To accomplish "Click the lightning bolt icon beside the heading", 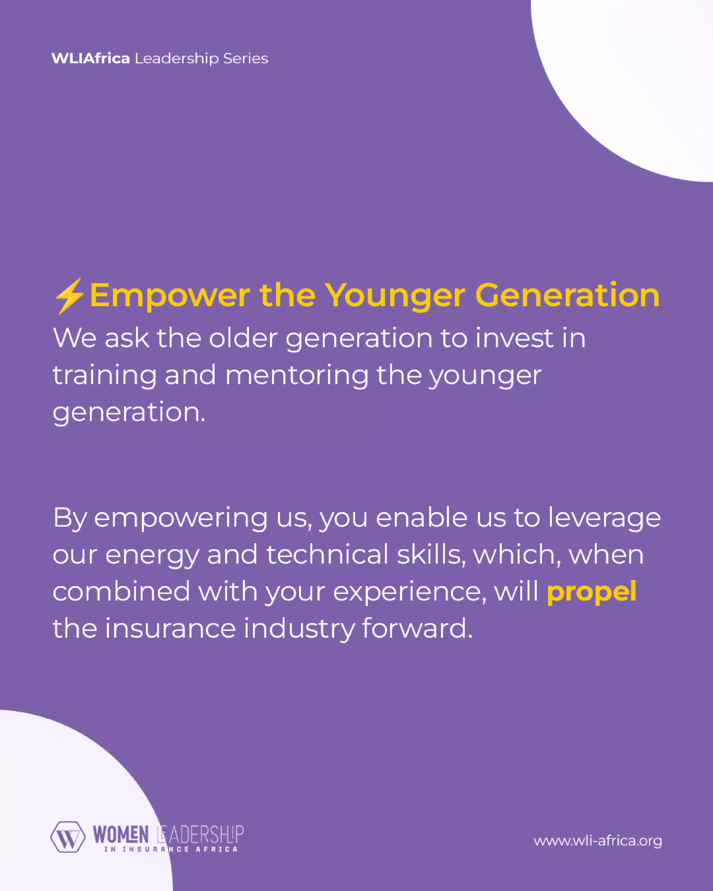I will click(x=69, y=296).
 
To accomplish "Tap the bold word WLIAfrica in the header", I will click(x=91, y=59).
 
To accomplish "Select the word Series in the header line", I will click(x=245, y=59).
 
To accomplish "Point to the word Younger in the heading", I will click(x=395, y=296).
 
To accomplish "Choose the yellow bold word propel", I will click(x=591, y=592).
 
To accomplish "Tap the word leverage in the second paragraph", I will click(x=604, y=518).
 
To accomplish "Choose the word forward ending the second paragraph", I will click(x=417, y=628).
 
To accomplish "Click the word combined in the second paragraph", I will click(x=121, y=591).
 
